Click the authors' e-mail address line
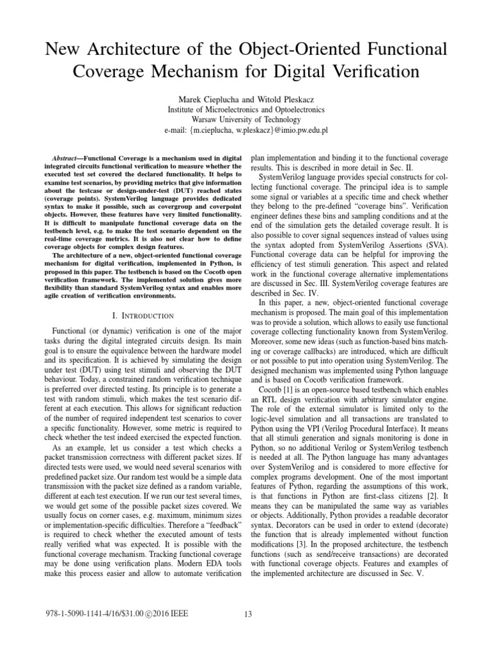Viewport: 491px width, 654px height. [245, 129]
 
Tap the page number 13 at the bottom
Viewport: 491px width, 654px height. [249, 614]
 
